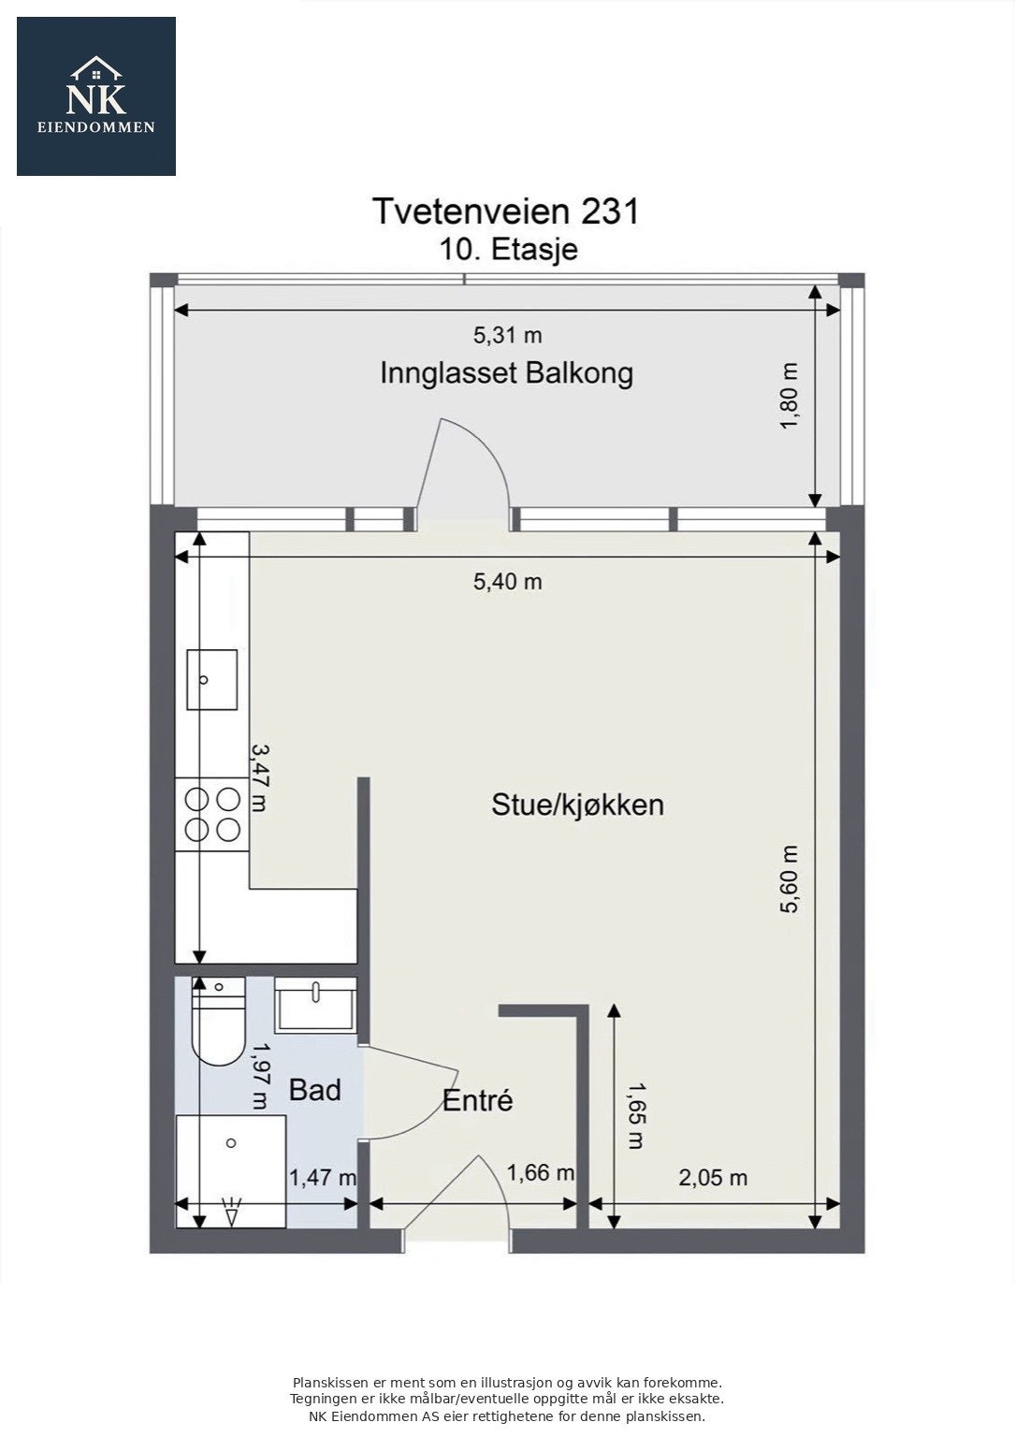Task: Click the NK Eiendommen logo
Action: (x=96, y=96)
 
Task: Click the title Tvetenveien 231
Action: (x=506, y=211)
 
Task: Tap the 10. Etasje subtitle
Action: (x=508, y=250)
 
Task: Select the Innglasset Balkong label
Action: (x=506, y=373)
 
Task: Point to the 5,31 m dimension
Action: (x=507, y=335)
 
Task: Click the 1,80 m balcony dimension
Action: (x=790, y=396)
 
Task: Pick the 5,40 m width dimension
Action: (x=507, y=582)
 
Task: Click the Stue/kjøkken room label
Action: (x=577, y=805)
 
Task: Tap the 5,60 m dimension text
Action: (x=790, y=878)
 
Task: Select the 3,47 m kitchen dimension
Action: (x=259, y=777)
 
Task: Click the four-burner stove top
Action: (x=212, y=814)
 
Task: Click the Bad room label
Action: (x=314, y=1090)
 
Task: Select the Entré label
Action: (x=477, y=1101)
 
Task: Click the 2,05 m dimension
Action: (x=712, y=1178)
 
